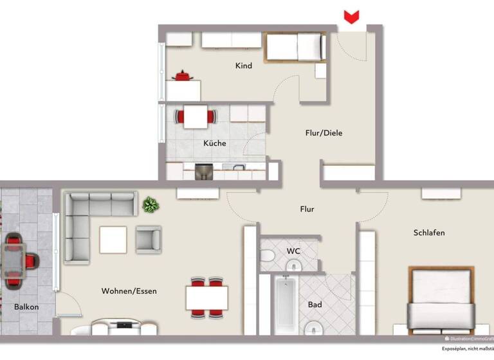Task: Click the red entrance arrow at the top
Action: click(x=351, y=17)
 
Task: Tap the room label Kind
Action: click(x=244, y=66)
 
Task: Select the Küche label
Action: click(x=215, y=143)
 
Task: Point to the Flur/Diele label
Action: click(x=324, y=133)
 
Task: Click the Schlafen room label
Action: click(x=429, y=233)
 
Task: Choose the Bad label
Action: click(x=315, y=304)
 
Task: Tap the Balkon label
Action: click(x=26, y=307)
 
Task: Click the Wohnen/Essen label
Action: click(x=129, y=291)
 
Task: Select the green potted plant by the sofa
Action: click(x=151, y=205)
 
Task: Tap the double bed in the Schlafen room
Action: click(x=441, y=299)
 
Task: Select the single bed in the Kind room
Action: click(x=293, y=47)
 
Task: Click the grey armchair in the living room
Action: click(x=149, y=239)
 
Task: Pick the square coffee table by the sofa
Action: click(x=113, y=240)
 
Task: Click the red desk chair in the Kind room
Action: click(x=183, y=76)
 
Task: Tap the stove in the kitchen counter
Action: click(x=204, y=172)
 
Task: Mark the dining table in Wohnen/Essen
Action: click(x=207, y=298)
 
